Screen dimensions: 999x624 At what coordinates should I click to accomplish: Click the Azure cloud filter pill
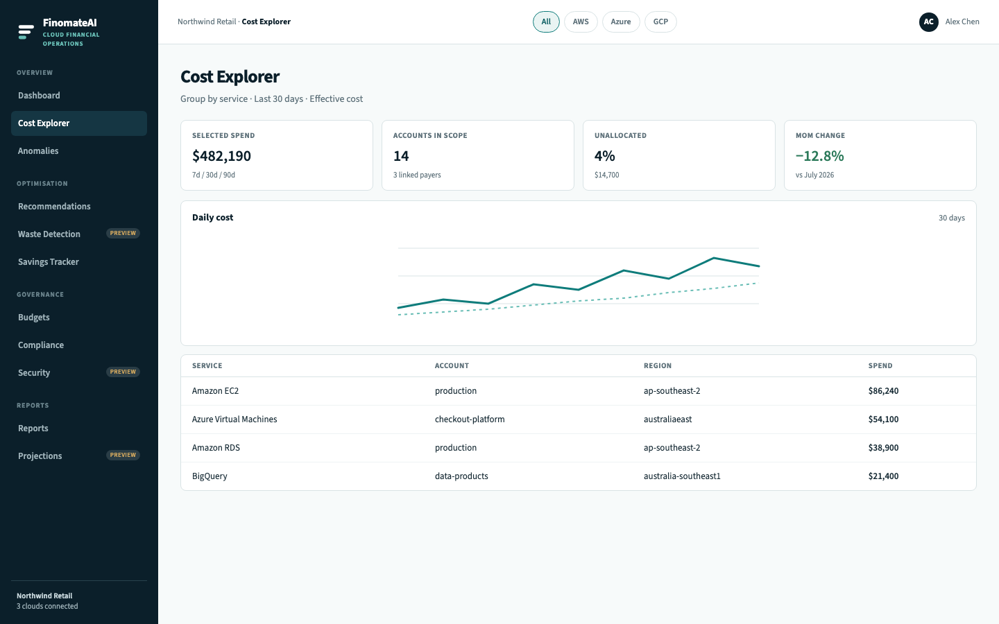(x=621, y=22)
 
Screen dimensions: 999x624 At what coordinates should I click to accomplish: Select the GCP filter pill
(x=660, y=22)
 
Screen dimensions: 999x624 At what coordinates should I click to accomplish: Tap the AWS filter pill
(x=581, y=22)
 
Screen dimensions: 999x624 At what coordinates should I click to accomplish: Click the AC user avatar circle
(x=928, y=22)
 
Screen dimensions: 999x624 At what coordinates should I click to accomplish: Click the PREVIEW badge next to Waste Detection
(x=123, y=233)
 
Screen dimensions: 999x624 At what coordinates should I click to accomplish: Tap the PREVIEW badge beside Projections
(x=123, y=455)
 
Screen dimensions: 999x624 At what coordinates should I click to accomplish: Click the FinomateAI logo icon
(x=26, y=32)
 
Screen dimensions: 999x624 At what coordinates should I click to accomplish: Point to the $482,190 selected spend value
(x=222, y=156)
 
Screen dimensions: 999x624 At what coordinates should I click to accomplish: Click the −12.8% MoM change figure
(x=820, y=156)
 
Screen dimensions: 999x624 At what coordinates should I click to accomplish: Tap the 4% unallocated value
(x=605, y=156)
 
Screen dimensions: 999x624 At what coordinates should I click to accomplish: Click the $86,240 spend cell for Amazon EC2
(x=883, y=391)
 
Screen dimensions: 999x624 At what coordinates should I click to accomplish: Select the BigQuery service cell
(x=210, y=476)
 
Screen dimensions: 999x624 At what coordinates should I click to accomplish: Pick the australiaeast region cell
(x=667, y=419)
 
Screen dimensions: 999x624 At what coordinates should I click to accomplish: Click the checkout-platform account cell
(x=470, y=419)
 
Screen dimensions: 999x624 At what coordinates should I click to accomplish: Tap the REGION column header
(x=658, y=366)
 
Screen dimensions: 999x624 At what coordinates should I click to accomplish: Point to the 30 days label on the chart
(x=951, y=218)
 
